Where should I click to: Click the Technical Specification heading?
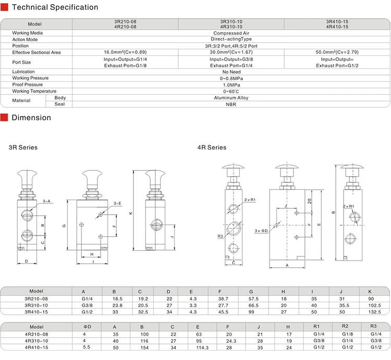(x=55, y=8)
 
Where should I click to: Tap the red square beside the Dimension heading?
(x=4, y=118)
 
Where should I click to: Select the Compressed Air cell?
(x=231, y=33)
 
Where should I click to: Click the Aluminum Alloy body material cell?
(x=231, y=97)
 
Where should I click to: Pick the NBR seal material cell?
(x=231, y=104)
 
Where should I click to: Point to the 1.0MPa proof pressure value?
(x=231, y=84)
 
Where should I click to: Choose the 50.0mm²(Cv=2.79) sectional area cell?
(x=337, y=52)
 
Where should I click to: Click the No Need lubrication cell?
(x=231, y=72)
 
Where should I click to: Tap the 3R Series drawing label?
(x=23, y=147)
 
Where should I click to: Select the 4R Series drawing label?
(x=212, y=147)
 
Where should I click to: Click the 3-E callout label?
(x=117, y=203)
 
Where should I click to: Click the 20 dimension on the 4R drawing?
(x=309, y=201)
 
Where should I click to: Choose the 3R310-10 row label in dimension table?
(x=36, y=305)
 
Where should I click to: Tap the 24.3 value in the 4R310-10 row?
(x=228, y=341)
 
